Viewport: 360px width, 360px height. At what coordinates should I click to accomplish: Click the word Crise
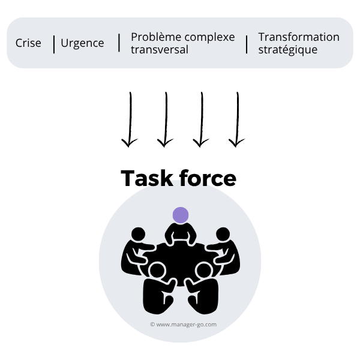(28, 43)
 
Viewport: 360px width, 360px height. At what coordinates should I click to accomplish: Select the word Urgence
(82, 43)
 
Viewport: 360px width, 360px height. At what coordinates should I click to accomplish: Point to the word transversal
(160, 50)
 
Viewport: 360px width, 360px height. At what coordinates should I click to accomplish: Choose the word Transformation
(299, 37)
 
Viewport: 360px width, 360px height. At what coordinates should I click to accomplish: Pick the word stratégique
(288, 50)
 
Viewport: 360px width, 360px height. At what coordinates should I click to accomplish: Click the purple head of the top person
(180, 215)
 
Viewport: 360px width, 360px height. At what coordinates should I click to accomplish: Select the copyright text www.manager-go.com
(183, 325)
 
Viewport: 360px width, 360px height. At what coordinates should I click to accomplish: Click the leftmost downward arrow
(129, 120)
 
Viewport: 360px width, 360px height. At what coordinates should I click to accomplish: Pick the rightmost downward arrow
(237, 120)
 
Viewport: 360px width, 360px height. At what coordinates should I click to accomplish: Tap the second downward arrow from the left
(165, 120)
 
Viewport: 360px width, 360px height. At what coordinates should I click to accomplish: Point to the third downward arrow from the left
(201, 120)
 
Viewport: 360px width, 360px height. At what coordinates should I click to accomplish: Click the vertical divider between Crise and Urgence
(54, 44)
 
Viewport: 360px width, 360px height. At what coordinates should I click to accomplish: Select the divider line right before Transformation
(247, 44)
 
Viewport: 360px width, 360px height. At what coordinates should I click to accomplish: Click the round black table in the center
(180, 255)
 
